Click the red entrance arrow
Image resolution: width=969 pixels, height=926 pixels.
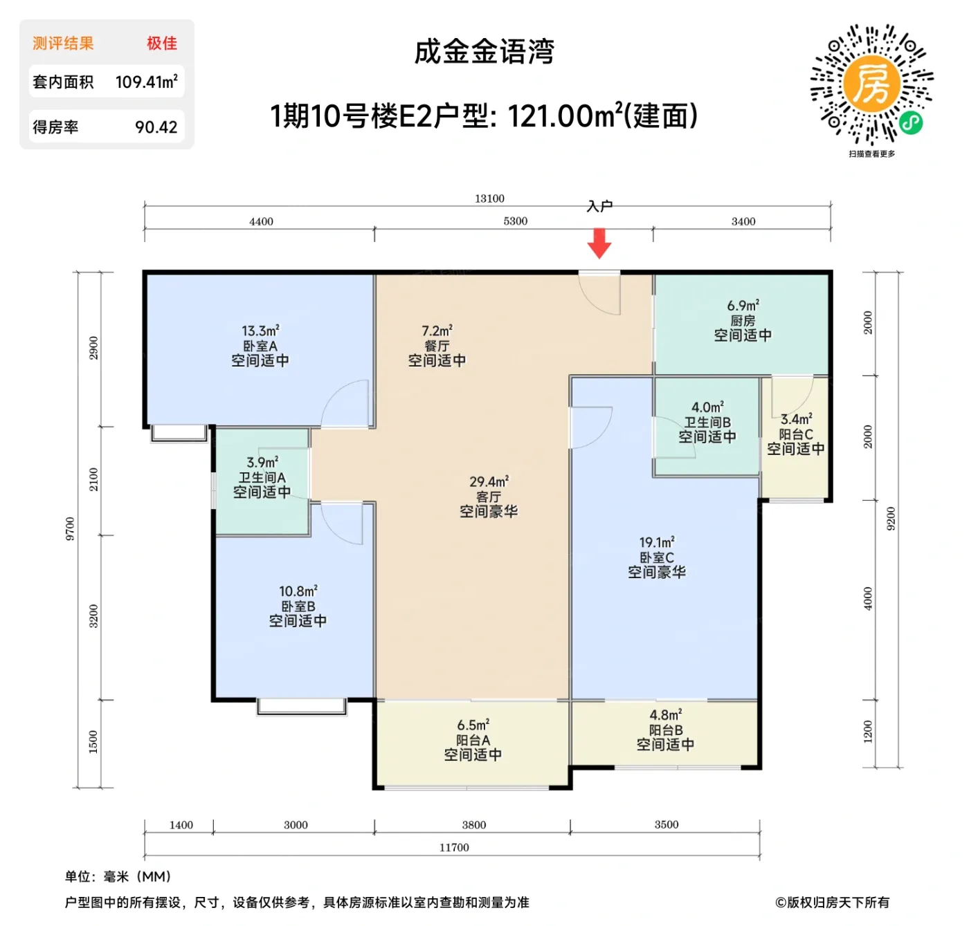coord(599,243)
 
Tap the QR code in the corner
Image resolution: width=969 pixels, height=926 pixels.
coord(871,85)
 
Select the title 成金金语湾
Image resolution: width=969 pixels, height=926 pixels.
coord(484,52)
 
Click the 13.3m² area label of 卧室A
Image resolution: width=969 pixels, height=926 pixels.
coord(260,331)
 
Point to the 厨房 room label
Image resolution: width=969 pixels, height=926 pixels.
coord(743,321)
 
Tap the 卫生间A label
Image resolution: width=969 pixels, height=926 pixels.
coord(262,477)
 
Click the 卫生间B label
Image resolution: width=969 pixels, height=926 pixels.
coord(707,422)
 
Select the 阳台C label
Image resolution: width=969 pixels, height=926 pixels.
coord(796,434)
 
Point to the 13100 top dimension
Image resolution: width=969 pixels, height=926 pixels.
coord(489,198)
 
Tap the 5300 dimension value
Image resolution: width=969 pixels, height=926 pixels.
coord(515,221)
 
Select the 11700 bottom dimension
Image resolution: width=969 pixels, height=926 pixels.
coord(454,847)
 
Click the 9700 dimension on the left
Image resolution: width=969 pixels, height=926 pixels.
coord(70,529)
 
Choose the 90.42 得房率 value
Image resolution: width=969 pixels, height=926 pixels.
coord(156,127)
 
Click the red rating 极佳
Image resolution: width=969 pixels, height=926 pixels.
coord(162,44)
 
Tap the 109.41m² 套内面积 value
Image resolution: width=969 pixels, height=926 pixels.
coord(147,82)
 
